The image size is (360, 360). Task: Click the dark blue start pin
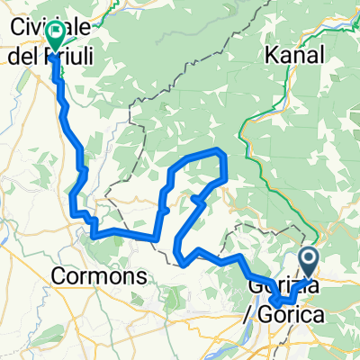coord(308,264)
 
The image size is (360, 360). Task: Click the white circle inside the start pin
coord(308,259)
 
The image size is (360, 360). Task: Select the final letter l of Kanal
coord(311,56)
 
